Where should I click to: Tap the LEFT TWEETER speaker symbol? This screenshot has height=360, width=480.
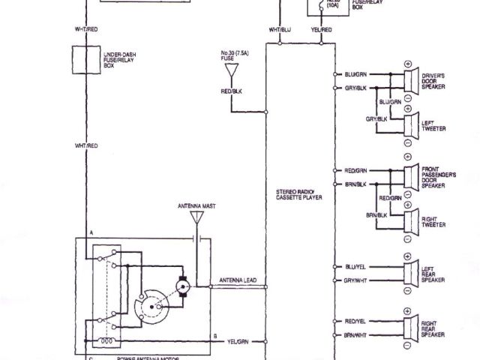point(409,124)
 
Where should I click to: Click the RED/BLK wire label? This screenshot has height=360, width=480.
point(232,91)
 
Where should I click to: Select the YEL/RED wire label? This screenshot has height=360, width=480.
point(322,29)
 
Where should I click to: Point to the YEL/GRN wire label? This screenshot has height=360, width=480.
point(237,341)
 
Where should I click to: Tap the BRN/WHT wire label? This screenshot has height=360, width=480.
point(355,335)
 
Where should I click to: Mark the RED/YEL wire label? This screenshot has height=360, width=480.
point(355,320)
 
